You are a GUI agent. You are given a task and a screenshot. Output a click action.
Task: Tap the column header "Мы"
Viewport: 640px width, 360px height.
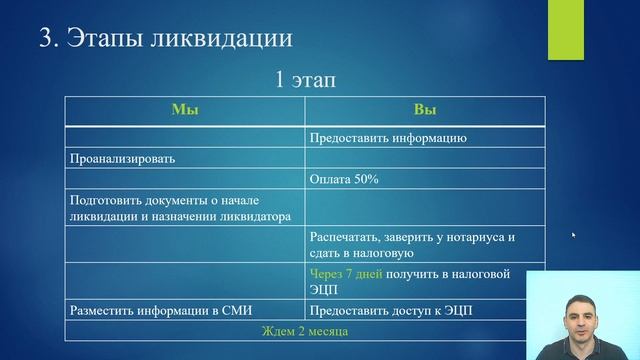click(x=185, y=110)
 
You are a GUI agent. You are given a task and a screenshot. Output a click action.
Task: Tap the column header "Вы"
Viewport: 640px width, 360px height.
click(x=424, y=110)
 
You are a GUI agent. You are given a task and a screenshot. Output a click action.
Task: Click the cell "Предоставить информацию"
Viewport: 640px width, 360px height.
click(x=388, y=137)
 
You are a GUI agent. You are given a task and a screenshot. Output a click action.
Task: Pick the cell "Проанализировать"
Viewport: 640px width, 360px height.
click(x=119, y=158)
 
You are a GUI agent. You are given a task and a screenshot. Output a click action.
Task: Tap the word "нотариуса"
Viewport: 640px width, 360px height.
click(x=469, y=238)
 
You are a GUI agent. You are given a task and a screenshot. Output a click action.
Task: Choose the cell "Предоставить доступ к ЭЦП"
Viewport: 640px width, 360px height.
click(x=390, y=310)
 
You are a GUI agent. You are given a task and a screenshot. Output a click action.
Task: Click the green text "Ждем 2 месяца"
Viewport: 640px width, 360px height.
click(x=305, y=330)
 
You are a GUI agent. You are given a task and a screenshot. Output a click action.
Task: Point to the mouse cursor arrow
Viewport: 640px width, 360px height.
click(x=573, y=235)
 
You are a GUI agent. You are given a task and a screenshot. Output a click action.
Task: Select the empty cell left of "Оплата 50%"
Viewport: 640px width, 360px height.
click(x=185, y=179)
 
